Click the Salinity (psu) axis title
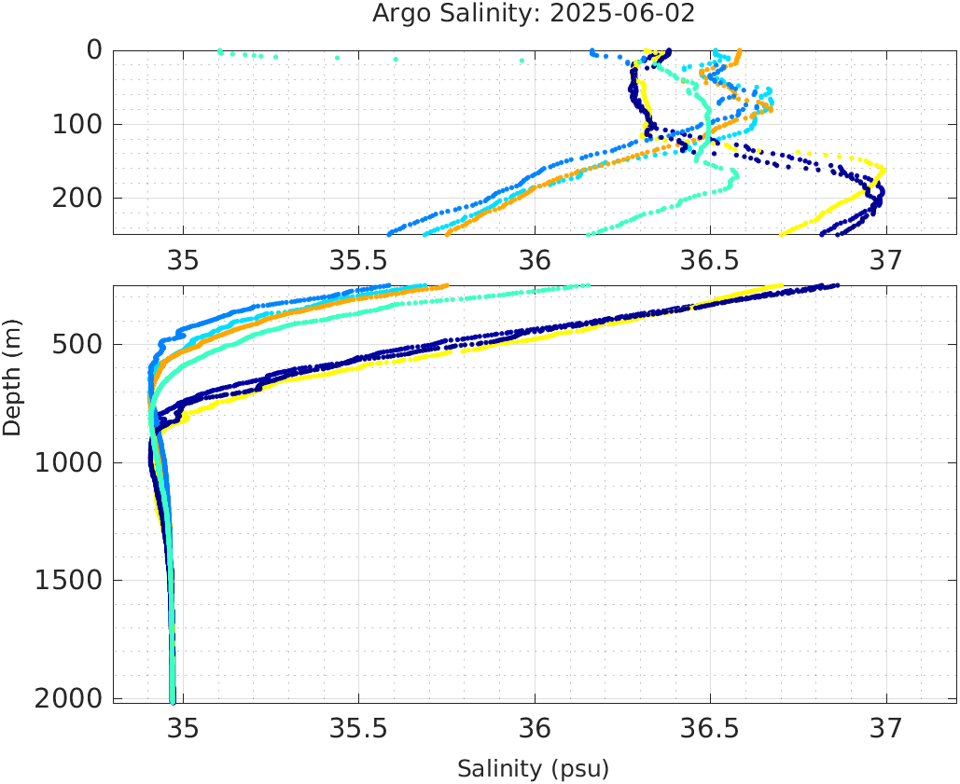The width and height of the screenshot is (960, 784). [533, 769]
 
